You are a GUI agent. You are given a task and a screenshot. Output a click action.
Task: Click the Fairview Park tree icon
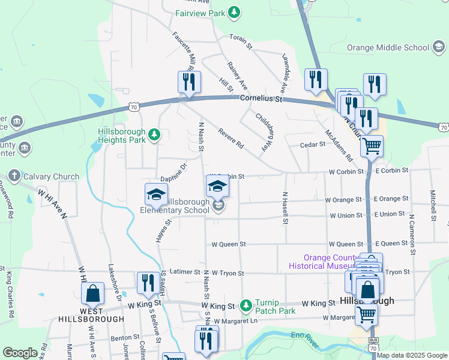point(234,13)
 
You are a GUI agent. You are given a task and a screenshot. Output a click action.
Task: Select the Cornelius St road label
point(261,98)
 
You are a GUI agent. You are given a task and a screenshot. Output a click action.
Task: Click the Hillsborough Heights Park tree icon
point(154,135)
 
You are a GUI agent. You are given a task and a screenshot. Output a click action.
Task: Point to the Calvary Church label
point(51,176)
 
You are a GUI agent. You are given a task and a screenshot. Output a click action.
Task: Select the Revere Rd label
point(231,139)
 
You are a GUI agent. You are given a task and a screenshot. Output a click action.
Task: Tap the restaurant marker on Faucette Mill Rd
point(189,82)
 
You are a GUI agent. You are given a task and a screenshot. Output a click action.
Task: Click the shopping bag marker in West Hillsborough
point(93,293)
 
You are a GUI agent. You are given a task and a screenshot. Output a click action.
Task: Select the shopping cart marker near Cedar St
point(372,145)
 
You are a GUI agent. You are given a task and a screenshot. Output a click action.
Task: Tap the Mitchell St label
point(432,205)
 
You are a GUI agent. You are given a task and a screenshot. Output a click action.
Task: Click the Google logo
point(20,353)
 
